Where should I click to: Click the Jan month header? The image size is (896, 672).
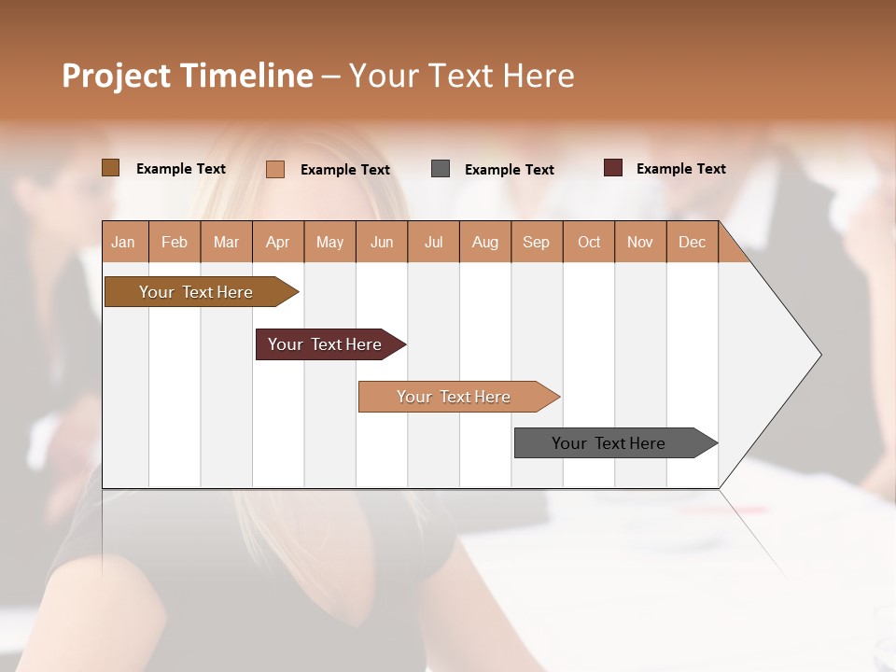coord(123,242)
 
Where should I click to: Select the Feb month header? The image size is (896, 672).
coord(175,242)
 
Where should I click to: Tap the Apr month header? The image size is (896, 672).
coord(277,242)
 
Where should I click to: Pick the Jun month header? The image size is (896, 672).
coord(382,242)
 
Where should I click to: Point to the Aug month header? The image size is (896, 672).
coord(484,242)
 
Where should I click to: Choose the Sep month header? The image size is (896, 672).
coord(536,242)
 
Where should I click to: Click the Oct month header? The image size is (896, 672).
coord(589,242)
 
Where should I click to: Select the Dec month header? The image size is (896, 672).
coord(692,242)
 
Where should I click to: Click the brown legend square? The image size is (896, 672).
coord(111,168)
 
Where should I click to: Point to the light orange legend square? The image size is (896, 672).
coord(275,169)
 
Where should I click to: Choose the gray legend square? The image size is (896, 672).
coord(441,169)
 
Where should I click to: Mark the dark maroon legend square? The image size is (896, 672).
coord(613,168)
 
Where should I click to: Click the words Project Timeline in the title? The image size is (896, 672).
coord(187,76)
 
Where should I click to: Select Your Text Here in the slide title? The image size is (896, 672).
coord(461,76)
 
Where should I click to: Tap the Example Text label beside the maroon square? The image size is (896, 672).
coord(680,169)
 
